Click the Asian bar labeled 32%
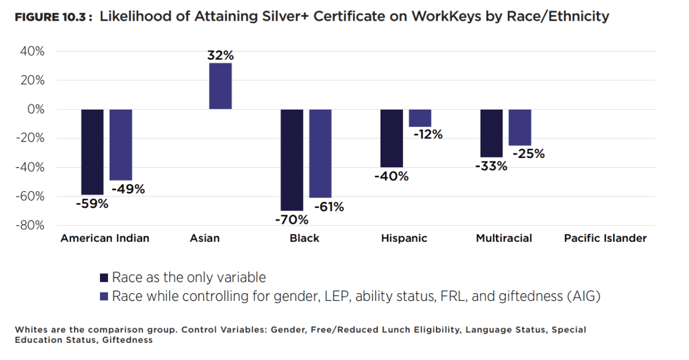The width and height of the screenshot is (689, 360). (x=220, y=86)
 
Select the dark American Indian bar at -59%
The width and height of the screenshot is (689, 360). (x=92, y=152)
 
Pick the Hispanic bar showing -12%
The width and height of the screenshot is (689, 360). (x=420, y=118)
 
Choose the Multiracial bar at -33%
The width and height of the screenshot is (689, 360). (x=491, y=133)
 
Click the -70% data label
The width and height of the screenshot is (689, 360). (x=292, y=219)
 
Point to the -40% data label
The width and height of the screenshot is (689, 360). (x=392, y=176)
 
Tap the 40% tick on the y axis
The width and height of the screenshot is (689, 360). (x=33, y=52)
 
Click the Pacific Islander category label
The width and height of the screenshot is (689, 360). (x=605, y=238)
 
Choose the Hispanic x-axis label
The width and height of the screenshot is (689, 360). (x=404, y=238)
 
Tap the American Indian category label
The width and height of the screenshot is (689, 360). (x=105, y=238)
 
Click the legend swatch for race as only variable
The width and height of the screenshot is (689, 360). (x=104, y=278)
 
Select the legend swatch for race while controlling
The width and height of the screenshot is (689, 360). (x=104, y=296)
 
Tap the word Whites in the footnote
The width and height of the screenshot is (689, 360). (x=30, y=330)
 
